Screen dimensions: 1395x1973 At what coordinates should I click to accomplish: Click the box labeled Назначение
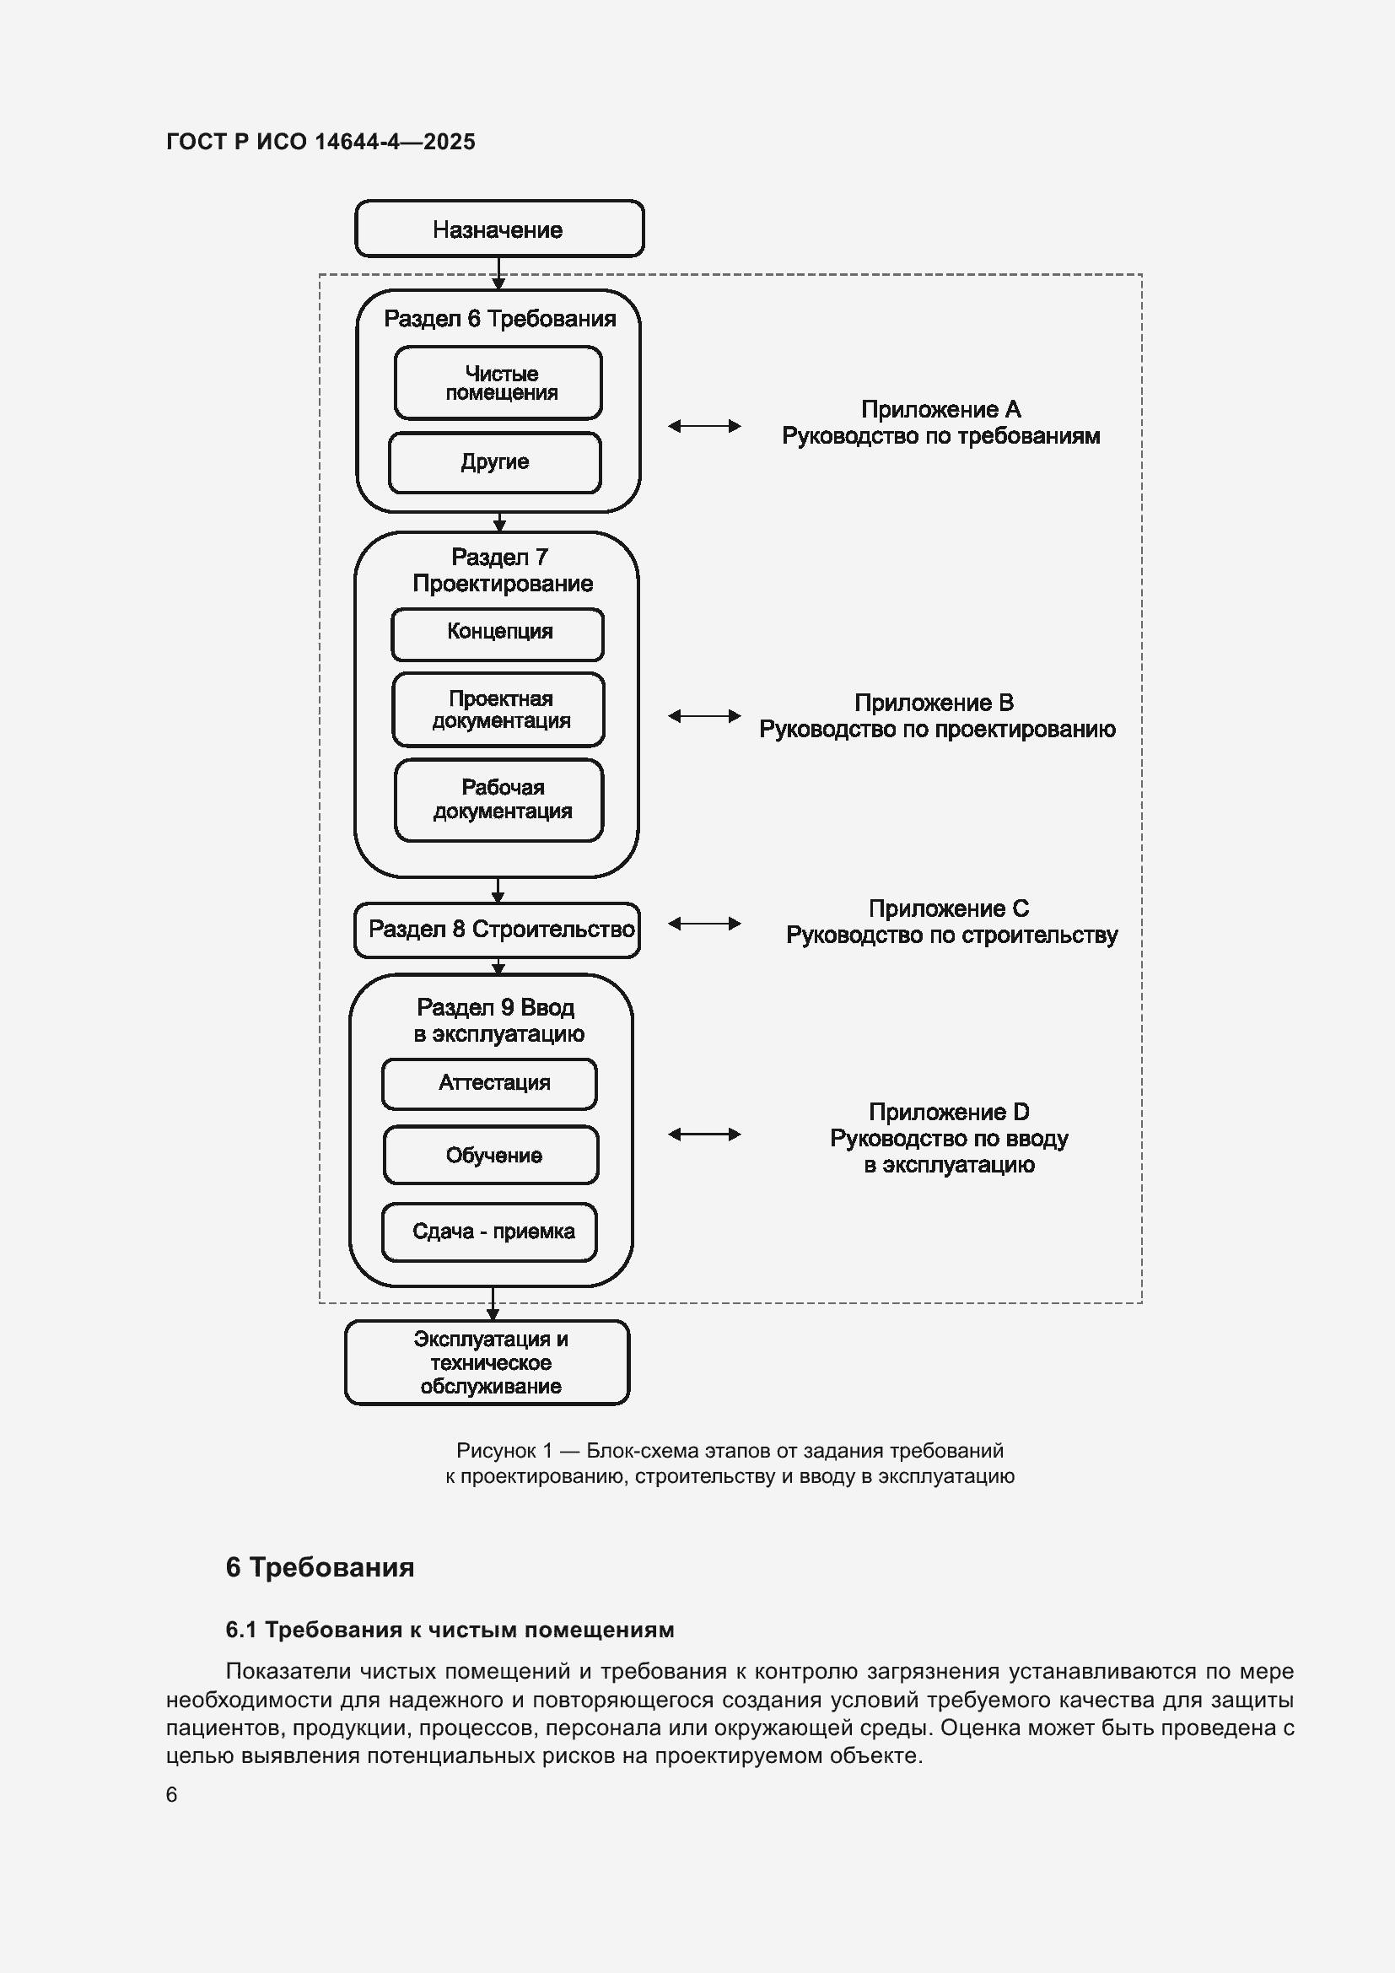499,229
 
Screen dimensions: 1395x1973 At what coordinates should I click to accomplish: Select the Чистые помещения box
498,382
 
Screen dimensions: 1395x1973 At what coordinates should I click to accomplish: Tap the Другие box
495,462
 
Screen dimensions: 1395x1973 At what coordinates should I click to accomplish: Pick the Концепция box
498,634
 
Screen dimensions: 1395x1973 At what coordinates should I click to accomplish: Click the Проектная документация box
498,709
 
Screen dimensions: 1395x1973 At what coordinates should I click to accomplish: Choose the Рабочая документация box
499,800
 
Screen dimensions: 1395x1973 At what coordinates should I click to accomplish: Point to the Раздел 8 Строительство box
498,930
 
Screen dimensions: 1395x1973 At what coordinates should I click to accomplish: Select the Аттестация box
490,1084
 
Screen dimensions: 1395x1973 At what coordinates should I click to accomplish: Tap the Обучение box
492,1155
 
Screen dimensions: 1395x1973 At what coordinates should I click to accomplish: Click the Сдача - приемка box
490,1232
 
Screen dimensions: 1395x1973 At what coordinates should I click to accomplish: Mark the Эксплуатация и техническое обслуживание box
487,1362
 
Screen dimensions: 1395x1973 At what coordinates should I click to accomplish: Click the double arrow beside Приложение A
704,426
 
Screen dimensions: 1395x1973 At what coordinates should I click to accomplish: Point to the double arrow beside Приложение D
704,1135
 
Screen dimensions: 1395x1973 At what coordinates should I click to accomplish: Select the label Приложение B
934,703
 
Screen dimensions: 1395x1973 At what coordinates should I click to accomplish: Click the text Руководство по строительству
951,935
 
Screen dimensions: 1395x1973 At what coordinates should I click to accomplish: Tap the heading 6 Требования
320,1566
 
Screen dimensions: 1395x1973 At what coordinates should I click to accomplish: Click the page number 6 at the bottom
172,1795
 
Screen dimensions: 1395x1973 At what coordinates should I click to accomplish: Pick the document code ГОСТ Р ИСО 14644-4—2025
320,142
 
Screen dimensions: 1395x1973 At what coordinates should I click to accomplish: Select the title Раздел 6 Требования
500,319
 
